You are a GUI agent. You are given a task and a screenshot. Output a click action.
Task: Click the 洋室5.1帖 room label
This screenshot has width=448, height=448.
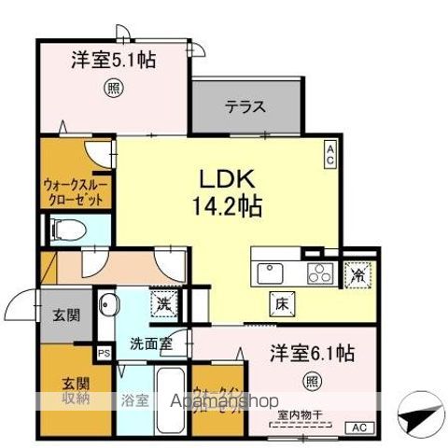pyautogui.click(x=113, y=62)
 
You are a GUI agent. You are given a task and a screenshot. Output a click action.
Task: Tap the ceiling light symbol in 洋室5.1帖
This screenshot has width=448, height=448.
pyautogui.click(x=113, y=91)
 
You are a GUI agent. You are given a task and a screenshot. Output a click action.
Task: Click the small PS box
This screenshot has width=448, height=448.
pyautogui.click(x=104, y=354)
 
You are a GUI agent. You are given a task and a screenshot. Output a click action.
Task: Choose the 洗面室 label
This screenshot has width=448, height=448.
pyautogui.click(x=150, y=343)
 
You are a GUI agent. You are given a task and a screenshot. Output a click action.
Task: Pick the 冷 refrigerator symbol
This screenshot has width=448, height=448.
pyautogui.click(x=356, y=274)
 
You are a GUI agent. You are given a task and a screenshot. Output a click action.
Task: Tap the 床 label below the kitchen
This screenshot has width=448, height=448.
pyautogui.click(x=280, y=302)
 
